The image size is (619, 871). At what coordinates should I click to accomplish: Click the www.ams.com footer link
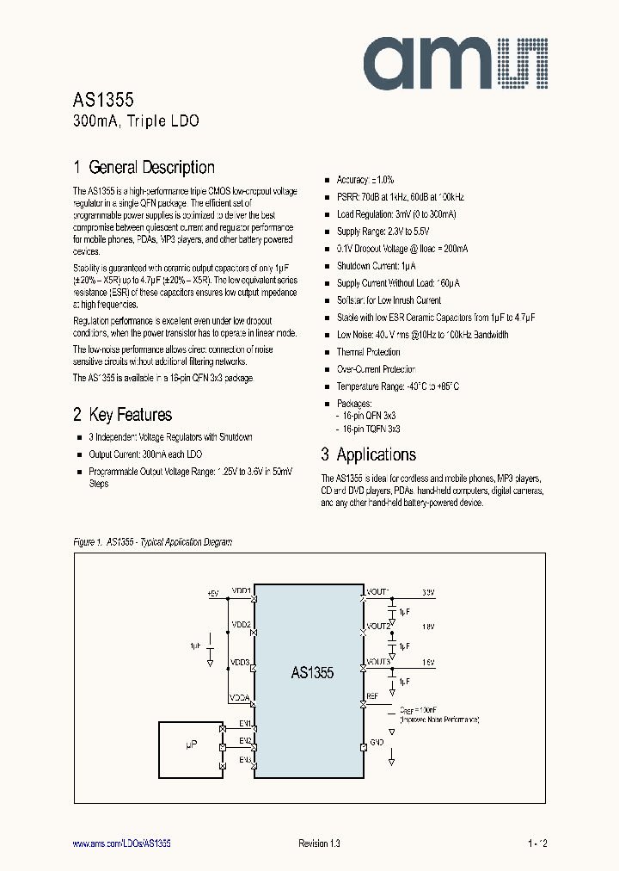[121, 843]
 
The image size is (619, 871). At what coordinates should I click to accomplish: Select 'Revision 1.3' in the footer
[319, 843]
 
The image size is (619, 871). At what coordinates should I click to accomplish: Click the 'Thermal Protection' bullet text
[368, 352]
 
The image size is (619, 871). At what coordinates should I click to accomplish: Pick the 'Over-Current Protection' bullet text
[376, 369]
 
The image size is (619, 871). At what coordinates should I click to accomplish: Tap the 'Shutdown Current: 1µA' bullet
[377, 266]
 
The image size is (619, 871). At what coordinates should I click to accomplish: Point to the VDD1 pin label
[240, 591]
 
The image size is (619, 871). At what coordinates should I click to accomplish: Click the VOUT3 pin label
[378, 662]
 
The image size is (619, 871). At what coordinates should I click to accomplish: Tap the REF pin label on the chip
[372, 695]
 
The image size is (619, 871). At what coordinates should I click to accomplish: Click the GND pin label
[376, 742]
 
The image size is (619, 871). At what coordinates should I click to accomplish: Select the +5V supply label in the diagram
[213, 592]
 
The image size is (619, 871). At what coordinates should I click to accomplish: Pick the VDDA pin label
[240, 697]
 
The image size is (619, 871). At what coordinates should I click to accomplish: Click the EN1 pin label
[245, 723]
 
